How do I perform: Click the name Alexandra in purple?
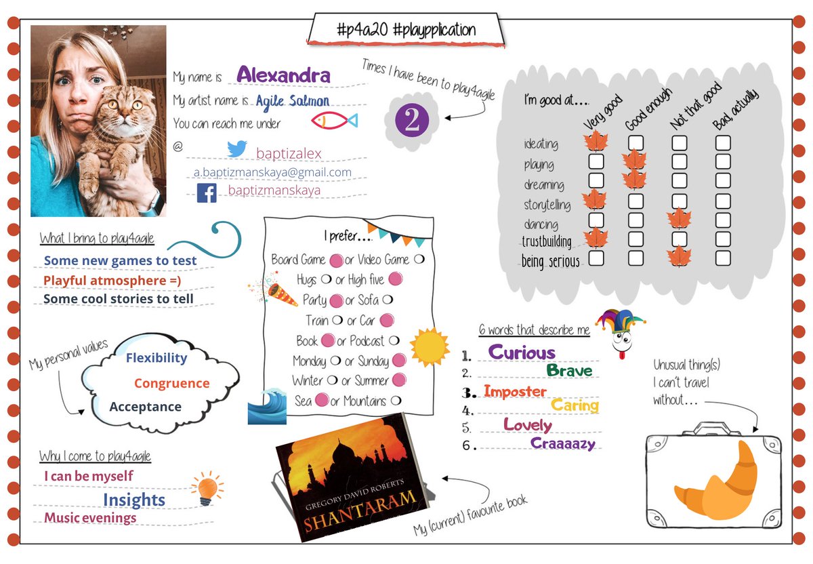pyautogui.click(x=283, y=76)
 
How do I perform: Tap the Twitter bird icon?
pyautogui.click(x=237, y=150)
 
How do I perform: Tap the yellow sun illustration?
pyautogui.click(x=429, y=347)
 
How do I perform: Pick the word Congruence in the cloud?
pyautogui.click(x=171, y=384)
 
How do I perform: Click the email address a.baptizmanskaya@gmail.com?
pyautogui.click(x=272, y=172)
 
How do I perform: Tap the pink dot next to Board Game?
pyautogui.click(x=335, y=260)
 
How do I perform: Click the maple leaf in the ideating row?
pyautogui.click(x=596, y=142)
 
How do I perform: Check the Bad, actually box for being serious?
pyautogui.click(x=723, y=258)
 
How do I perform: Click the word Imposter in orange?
pyautogui.click(x=515, y=392)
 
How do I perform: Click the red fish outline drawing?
pyautogui.click(x=333, y=121)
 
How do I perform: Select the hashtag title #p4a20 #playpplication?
pyautogui.click(x=406, y=30)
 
